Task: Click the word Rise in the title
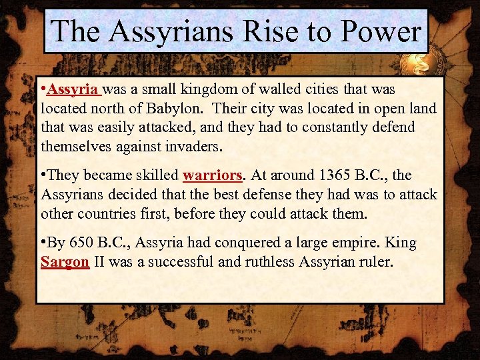(x=272, y=31)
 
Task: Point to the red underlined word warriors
(x=211, y=176)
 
